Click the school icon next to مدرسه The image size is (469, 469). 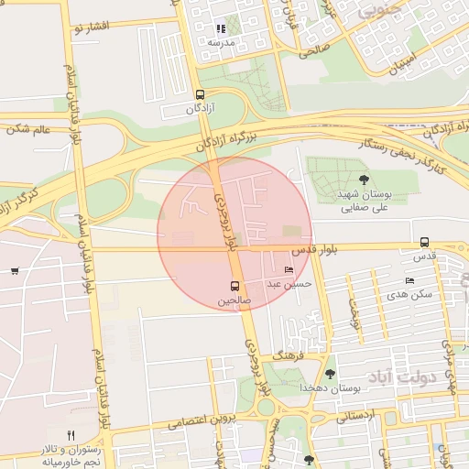pos(221,29)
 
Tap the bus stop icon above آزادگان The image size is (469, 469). pos(201,93)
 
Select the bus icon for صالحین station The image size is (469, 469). pos(235,286)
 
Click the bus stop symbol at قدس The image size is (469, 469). pos(424,242)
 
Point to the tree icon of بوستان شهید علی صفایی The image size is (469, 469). pos(365,180)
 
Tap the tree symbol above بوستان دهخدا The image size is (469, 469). pos(330,373)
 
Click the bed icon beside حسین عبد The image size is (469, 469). pos(289,270)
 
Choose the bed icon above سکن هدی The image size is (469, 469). pos(409,280)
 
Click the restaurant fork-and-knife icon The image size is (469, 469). pos(71,434)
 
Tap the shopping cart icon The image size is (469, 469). pos(15,270)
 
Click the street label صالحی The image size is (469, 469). pos(313,51)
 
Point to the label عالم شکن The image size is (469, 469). pos(28,128)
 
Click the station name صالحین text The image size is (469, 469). pos(233,300)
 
